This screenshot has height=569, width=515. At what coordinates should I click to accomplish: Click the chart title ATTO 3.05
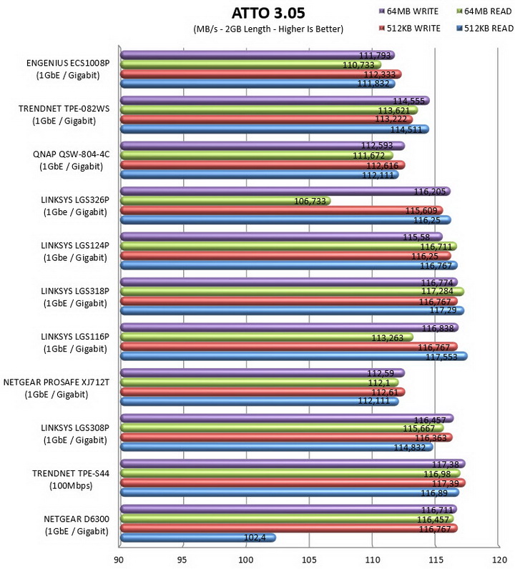coord(268,13)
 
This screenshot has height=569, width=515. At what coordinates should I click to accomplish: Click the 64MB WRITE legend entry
coord(408,11)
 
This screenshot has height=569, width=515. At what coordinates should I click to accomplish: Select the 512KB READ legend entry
coord(485,29)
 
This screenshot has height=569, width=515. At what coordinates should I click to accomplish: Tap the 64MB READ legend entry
coord(484,11)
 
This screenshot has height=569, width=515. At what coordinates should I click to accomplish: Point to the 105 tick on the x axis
coord(309,560)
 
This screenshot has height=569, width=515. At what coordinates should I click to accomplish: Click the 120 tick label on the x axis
coord(499,560)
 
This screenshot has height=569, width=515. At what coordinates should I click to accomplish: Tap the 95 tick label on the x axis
coord(182,560)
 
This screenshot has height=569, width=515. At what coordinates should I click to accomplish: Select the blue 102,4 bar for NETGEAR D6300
coord(198,538)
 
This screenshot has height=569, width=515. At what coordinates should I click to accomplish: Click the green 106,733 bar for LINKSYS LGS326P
coord(225,201)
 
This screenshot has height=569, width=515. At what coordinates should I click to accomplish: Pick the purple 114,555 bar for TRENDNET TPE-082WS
coord(275,101)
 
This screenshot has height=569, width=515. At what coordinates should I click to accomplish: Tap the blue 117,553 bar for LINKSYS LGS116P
coord(294,357)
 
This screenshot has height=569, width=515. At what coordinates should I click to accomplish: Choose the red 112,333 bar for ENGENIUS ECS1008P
coord(261,74)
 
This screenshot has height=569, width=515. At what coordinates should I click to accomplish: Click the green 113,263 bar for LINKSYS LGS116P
coord(267,337)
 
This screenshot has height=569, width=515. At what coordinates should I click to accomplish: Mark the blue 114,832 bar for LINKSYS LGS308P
coord(276,447)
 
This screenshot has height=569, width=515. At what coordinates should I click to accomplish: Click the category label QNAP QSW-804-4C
coord(72,154)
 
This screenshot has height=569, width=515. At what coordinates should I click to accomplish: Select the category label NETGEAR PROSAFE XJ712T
coord(57,382)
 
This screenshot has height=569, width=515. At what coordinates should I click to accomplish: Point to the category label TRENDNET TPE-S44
coord(71,473)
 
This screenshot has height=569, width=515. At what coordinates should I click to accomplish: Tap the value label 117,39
coord(446,483)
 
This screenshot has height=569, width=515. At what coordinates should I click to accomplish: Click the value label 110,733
coord(358,65)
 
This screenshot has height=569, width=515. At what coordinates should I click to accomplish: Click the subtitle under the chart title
coord(268,29)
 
